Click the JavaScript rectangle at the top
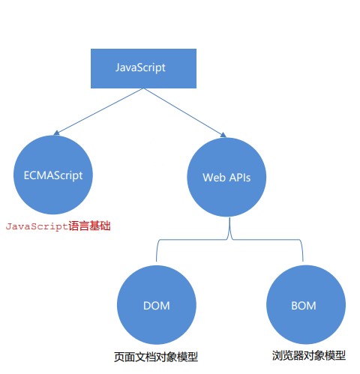(140, 67)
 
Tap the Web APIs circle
(226, 177)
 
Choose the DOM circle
(156, 306)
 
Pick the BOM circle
(302, 306)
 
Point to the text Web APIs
(226, 178)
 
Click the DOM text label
(156, 306)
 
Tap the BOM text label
(302, 306)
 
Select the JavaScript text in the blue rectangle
(140, 67)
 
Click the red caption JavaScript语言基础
(58, 226)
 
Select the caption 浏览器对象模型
(309, 354)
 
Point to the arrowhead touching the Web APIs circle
(222, 135)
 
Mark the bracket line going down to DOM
(156, 251)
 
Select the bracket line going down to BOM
(302, 251)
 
